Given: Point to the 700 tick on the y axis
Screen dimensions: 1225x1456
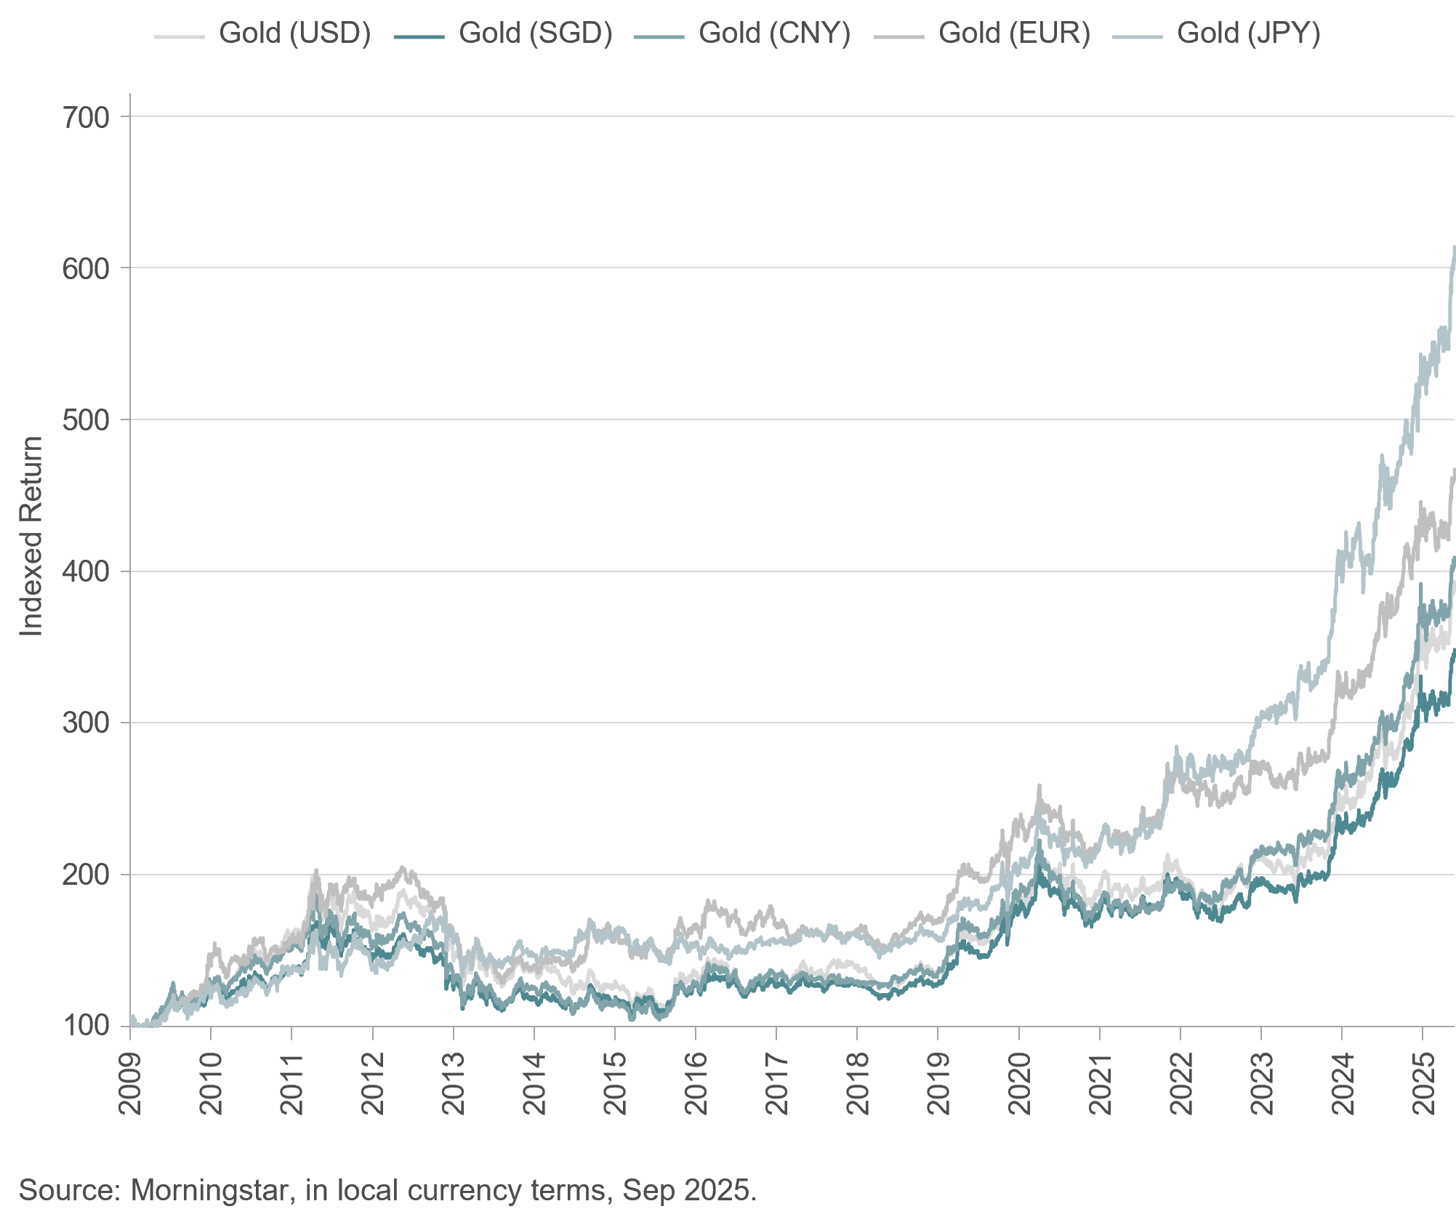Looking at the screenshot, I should (x=86, y=118).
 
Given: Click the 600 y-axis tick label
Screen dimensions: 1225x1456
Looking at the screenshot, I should (x=86, y=269).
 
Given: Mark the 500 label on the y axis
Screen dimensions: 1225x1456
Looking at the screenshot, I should (x=86, y=420).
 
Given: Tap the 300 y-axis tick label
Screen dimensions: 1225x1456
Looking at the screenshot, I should (x=86, y=723).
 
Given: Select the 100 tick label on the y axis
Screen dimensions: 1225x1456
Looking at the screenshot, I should (x=86, y=1026).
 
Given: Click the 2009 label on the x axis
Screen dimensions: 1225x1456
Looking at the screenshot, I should (x=132, y=1083).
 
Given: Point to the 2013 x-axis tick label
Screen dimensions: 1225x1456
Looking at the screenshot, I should (x=454, y=1083).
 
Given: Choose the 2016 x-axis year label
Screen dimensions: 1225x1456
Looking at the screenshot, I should (x=696, y=1083).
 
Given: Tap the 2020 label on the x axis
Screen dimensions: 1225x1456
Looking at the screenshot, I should (x=1020, y=1083).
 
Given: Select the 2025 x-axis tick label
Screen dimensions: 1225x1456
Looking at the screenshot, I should (x=1423, y=1083).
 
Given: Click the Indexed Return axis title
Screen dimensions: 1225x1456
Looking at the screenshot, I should (x=31, y=537).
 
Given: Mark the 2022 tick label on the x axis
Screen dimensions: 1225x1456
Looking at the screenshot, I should (x=1181, y=1083).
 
